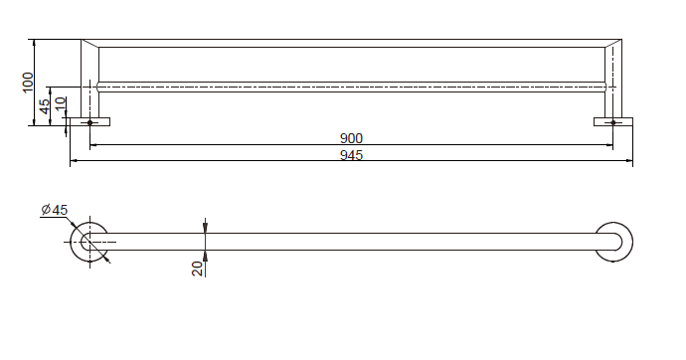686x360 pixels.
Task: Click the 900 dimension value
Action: (351, 138)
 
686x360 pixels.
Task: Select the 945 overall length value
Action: (351, 155)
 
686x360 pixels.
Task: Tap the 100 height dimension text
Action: (28, 83)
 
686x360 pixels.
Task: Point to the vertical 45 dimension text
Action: (45, 106)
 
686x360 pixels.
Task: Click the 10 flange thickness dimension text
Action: (61, 103)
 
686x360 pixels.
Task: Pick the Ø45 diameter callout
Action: (55, 210)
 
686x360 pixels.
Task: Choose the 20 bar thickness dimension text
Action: (198, 269)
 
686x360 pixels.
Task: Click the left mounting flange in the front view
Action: (90, 121)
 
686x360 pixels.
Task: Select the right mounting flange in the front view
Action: (613, 121)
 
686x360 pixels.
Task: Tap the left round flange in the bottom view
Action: (73, 242)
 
